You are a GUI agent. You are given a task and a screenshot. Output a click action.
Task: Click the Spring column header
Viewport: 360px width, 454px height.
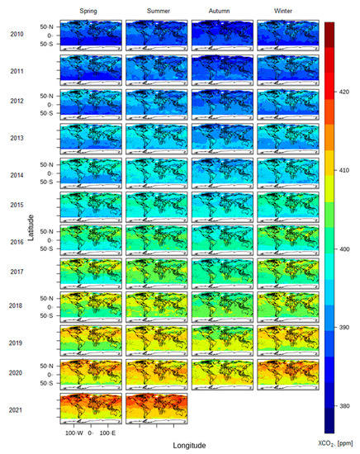point(91,10)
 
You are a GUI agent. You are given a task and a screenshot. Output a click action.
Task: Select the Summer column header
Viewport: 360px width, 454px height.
point(156,10)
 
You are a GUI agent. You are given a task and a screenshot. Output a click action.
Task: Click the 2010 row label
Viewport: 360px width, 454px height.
point(17,35)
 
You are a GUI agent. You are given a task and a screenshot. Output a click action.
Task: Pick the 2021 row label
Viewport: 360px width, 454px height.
point(17,409)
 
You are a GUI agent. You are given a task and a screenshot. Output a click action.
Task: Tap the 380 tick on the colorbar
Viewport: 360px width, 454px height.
point(344,406)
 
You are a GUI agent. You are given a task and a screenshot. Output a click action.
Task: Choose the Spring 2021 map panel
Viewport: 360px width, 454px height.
point(91,409)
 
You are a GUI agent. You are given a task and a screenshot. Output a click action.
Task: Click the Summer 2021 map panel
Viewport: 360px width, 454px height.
point(156,409)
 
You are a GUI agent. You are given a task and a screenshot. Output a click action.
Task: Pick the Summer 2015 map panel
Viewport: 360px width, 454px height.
point(156,206)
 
